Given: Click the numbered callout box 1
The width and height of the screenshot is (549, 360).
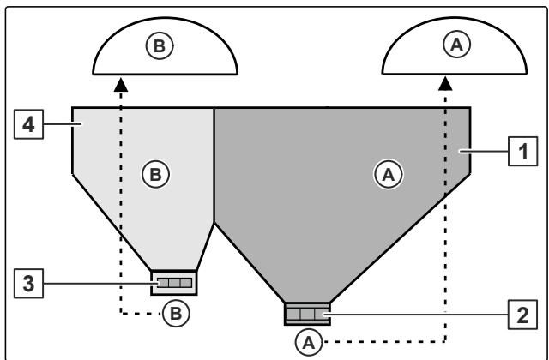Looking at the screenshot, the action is pos(522,151).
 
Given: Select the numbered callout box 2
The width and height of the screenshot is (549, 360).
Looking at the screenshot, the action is pos(522,315).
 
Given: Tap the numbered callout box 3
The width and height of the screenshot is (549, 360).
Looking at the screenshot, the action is pos(28,284).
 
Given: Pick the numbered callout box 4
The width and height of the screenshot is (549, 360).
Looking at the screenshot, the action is pos(28,124).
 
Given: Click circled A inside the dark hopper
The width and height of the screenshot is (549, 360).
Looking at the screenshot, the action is pos(389,174).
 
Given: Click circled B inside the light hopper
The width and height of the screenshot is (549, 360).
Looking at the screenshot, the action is pos(156,174).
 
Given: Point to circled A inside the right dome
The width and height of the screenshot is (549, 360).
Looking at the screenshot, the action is pos(457,45).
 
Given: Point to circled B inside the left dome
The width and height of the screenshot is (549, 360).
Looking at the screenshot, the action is pos(160,45).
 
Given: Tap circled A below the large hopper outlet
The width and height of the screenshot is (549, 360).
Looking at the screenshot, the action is pos(309,342).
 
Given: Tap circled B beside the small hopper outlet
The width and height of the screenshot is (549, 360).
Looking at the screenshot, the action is pos(176,313).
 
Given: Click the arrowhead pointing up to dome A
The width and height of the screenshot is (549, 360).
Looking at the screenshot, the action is pos(445,84).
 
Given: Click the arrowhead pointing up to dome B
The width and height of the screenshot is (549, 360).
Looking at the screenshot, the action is pos(121,85).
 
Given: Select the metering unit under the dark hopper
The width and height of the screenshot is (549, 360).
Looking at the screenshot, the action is pos(307,314).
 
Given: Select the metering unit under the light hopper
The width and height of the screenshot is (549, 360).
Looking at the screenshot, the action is pos(174,283).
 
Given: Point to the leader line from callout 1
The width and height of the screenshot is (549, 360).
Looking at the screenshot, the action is pos(484,151).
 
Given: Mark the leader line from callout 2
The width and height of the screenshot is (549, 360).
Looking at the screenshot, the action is pos(416,315).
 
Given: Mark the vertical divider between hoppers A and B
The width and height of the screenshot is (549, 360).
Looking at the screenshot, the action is pos(214,165).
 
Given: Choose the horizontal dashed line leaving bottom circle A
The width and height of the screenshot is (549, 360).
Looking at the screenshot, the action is pos(384,341).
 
